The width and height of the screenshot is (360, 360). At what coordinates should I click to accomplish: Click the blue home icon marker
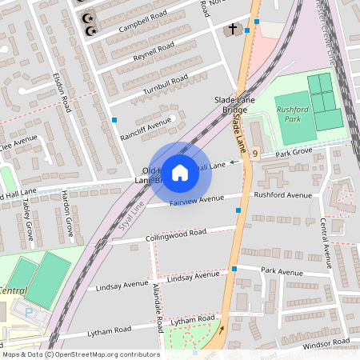tap(180, 172)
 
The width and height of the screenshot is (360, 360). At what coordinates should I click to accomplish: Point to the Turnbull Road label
tap(165, 82)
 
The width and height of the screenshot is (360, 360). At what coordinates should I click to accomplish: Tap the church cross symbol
tap(232, 30)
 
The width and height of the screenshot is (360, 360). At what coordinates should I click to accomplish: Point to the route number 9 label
tap(254, 153)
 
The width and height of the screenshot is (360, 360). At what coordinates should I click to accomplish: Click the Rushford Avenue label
tap(282, 195)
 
